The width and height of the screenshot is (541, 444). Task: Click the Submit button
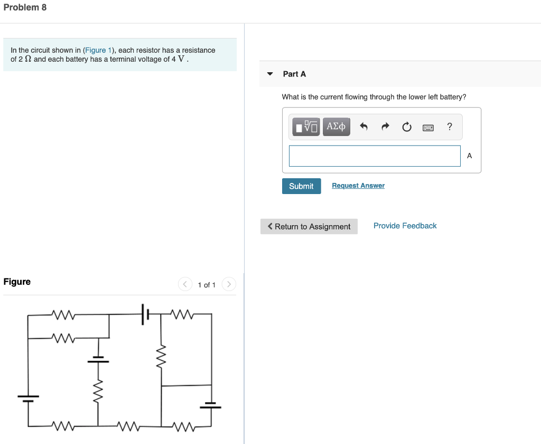pos(301,186)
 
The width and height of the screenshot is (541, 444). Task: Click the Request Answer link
pos(358,186)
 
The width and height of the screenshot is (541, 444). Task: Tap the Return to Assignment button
pos(309,227)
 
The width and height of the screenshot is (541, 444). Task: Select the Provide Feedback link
pos(405,226)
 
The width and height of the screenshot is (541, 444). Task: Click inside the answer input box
pos(375,156)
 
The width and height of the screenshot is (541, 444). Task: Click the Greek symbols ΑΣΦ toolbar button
pos(336,127)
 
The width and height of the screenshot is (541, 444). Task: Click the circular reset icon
pos(407,127)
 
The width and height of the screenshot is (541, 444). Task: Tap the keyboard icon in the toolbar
pos(428,127)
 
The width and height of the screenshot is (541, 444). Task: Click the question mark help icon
pos(450,127)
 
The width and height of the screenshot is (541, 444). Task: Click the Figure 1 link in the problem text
pos(96,50)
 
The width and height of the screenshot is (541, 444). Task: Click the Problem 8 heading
pos(25,7)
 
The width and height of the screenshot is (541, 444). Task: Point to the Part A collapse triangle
pos(270,74)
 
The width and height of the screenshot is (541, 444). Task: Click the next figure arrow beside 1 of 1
pos(229,285)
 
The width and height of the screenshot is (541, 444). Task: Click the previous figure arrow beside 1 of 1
pos(184,285)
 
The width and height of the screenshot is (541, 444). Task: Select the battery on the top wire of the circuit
pos(145,314)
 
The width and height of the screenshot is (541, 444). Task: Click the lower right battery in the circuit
pos(211,406)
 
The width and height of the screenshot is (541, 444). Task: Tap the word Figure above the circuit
pos(17,282)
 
